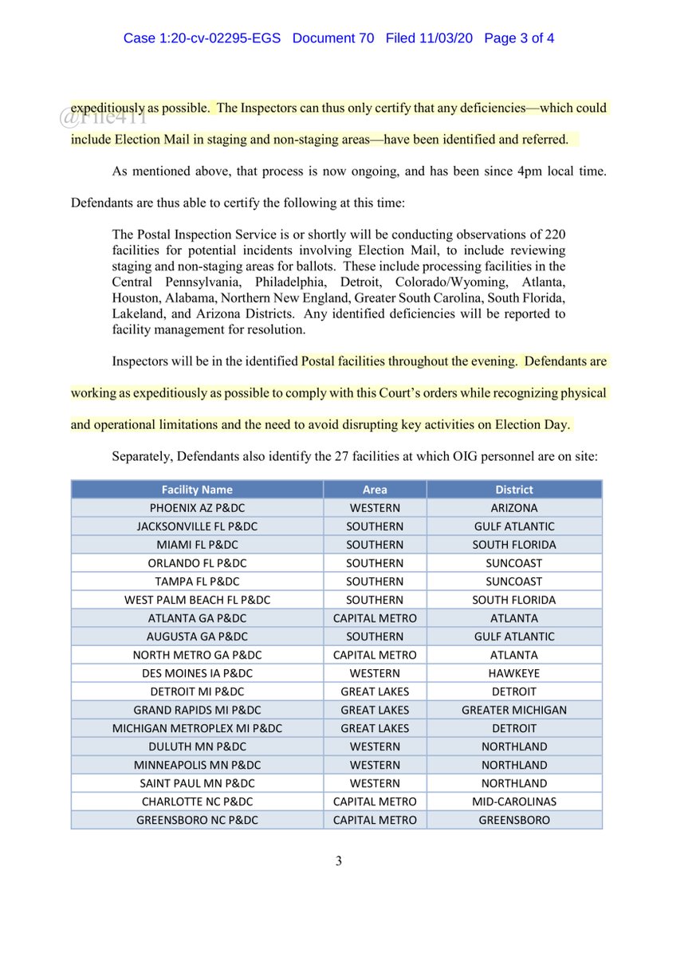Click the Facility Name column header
[x=197, y=490]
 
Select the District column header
[x=513, y=490]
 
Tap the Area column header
[x=374, y=490]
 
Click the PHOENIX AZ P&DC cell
[x=197, y=508]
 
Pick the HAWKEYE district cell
[x=513, y=673]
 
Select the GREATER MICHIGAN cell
[x=513, y=710]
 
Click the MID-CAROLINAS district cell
[x=513, y=801]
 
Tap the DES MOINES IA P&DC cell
[x=197, y=673]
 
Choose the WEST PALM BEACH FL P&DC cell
[x=197, y=600]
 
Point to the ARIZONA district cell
[x=513, y=508]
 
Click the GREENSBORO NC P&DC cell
[x=197, y=820]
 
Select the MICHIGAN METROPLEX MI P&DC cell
[x=197, y=728]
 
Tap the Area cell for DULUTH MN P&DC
[x=374, y=746]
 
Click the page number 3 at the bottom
[x=338, y=861]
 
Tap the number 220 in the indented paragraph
[x=554, y=234]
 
